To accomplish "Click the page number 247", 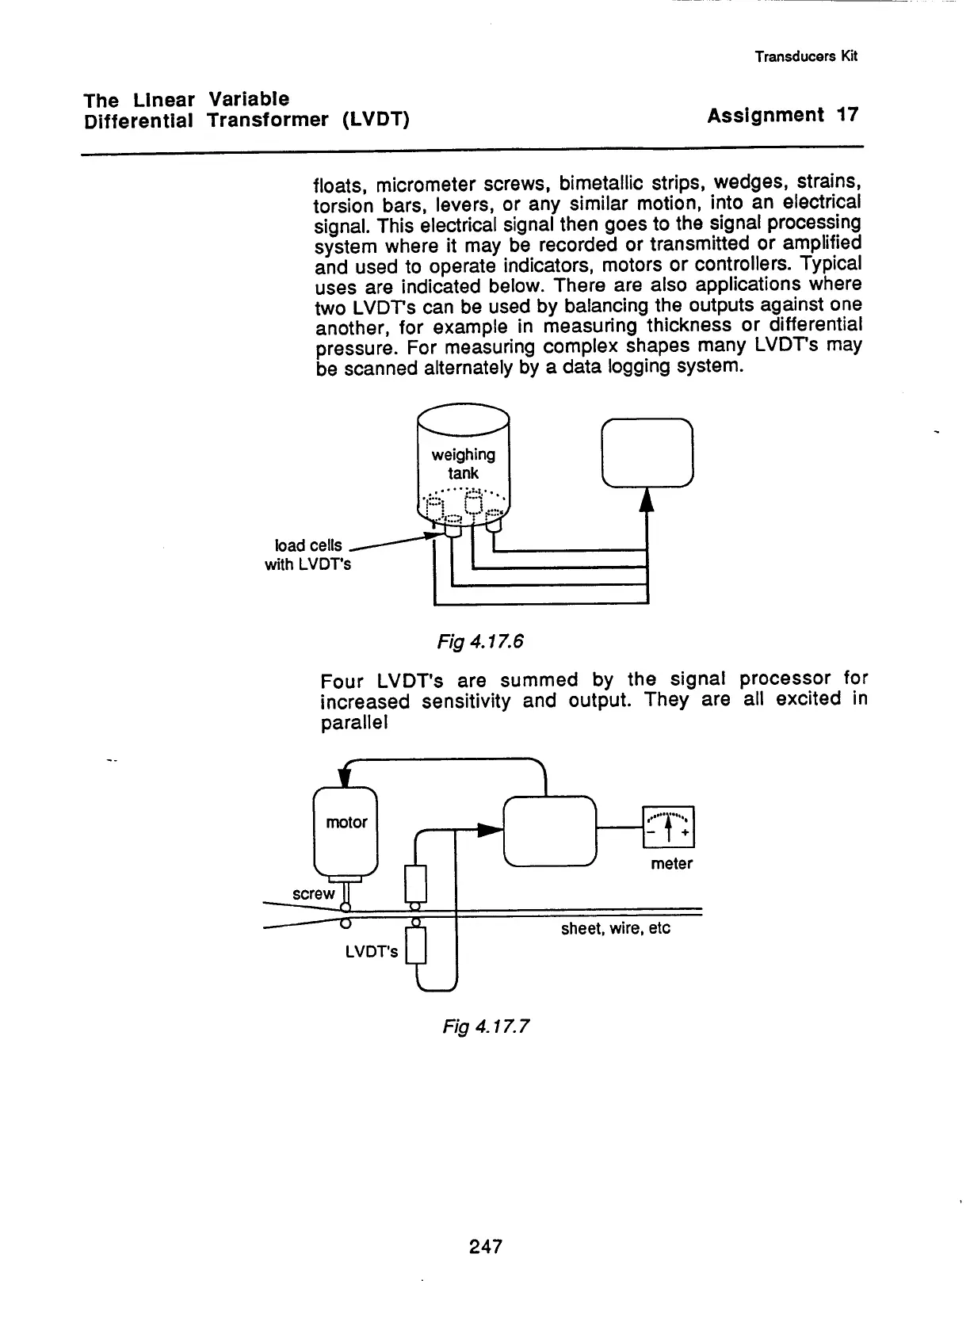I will tap(485, 1246).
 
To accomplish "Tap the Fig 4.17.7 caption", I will tap(485, 1026).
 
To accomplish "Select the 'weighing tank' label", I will tap(463, 464).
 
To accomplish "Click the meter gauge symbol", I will tap(669, 827).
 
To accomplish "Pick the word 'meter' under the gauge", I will tap(671, 864).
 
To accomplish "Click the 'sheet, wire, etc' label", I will tap(615, 928).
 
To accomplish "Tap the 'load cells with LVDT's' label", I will tap(307, 555).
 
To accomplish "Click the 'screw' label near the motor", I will tap(314, 894).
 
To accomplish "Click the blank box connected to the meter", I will tap(549, 831).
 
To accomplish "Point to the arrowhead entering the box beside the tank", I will tap(647, 501).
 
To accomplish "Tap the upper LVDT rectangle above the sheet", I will tap(416, 884).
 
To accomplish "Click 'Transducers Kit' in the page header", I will tap(806, 56).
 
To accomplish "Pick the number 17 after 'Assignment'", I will tap(847, 115).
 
